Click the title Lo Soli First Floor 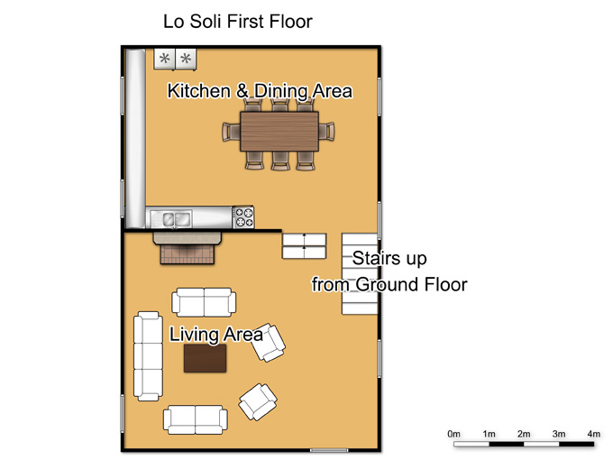[238, 22]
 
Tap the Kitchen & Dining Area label [260, 91]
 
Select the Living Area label [215, 335]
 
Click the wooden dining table [279, 132]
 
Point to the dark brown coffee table [205, 358]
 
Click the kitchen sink [177, 218]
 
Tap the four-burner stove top [243, 217]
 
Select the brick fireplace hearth [188, 253]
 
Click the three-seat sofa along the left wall [148, 356]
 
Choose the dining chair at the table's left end [231, 132]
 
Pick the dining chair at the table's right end [326, 131]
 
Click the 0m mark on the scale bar [453, 434]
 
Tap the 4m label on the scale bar [593, 434]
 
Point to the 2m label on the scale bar [524, 434]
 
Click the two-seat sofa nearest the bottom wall [195, 419]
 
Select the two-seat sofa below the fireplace [204, 302]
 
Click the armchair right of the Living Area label [269, 343]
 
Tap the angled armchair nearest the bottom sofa [258, 401]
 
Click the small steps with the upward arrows [304, 246]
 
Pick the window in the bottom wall [329, 451]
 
